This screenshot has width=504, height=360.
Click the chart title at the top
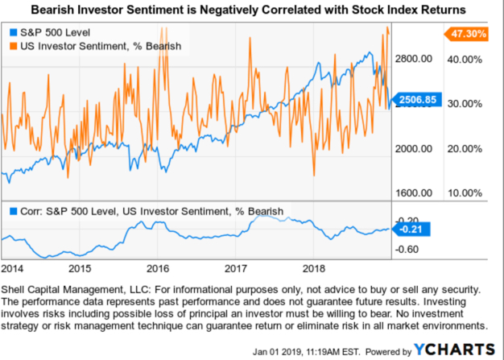(252, 10)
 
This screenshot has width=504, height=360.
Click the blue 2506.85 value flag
(414, 100)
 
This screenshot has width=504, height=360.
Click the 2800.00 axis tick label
(415, 60)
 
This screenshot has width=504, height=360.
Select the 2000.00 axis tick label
(415, 149)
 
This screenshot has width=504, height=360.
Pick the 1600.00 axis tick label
(415, 193)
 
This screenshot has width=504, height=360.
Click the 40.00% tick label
(465, 60)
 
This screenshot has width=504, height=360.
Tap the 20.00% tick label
(465, 149)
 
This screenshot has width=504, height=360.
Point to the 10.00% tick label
(465, 193)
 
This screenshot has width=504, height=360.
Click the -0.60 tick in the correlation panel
(410, 249)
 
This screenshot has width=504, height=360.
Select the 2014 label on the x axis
(12, 267)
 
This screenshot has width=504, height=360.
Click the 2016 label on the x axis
(158, 267)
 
